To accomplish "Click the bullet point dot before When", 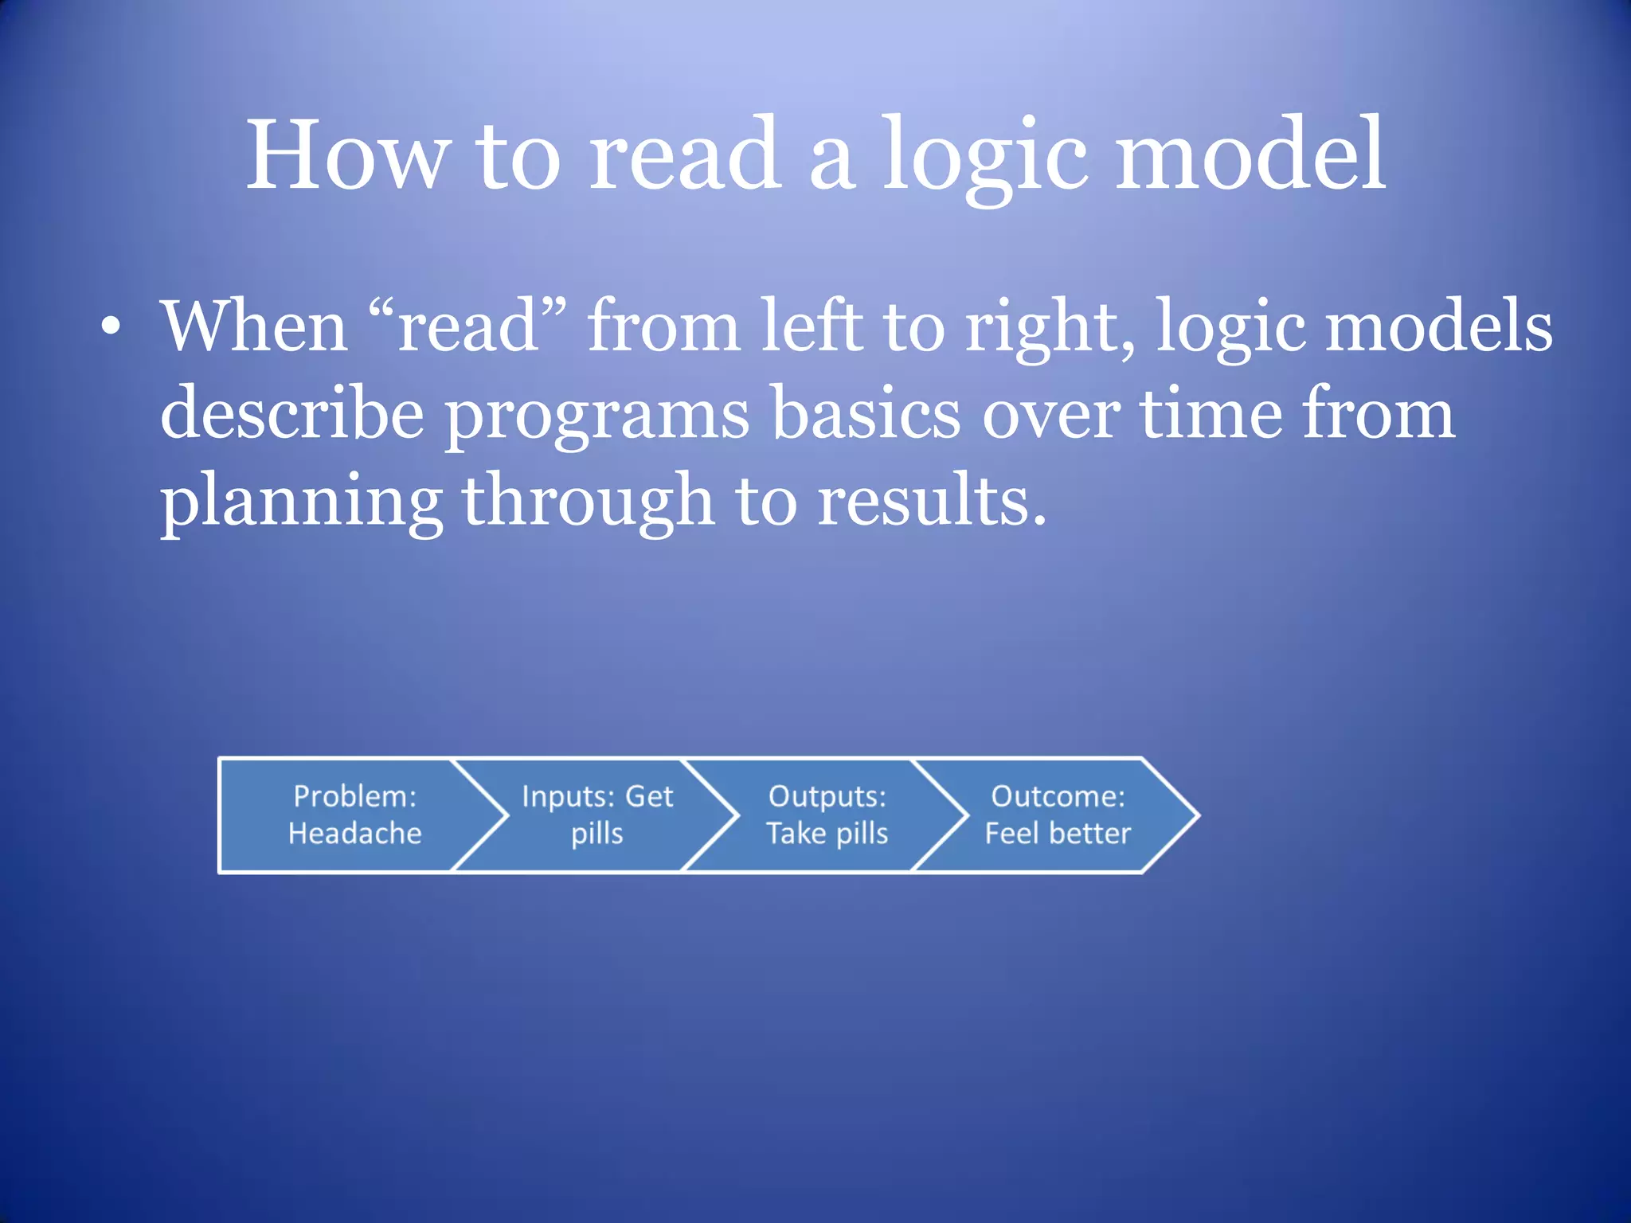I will (x=111, y=327).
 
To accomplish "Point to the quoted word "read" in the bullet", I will (x=470, y=326).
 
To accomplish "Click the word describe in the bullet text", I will (x=291, y=413).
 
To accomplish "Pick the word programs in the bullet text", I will (x=596, y=413).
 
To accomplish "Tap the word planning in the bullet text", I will (x=301, y=502).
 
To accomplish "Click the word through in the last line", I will (x=588, y=502).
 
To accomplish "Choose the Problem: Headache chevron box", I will (x=350, y=815).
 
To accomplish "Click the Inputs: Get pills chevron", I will (x=596, y=815).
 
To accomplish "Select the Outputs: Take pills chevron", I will (x=827, y=815).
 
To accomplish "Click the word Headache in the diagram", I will (x=354, y=834).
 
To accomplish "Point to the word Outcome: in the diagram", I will (x=1058, y=796).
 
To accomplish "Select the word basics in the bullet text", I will (x=866, y=413).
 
